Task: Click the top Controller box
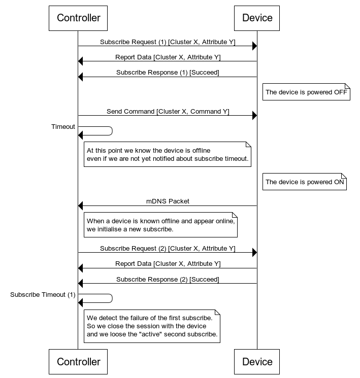click(78, 18)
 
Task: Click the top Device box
click(257, 18)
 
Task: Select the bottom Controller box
click(78, 362)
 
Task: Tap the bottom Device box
click(257, 362)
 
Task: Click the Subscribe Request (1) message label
click(168, 42)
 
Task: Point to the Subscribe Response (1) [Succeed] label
click(168, 73)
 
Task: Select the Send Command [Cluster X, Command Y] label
click(168, 111)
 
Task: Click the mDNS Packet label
click(168, 201)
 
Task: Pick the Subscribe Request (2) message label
click(168, 249)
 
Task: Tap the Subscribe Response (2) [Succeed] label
click(168, 280)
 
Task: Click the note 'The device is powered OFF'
click(306, 92)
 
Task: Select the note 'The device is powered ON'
click(304, 182)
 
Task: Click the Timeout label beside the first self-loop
click(63, 127)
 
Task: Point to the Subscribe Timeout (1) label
click(43, 295)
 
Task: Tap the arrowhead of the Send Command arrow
click(254, 116)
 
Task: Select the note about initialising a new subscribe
click(160, 225)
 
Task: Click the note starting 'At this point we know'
click(168, 154)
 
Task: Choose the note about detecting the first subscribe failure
click(152, 326)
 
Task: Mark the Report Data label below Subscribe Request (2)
click(168, 264)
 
